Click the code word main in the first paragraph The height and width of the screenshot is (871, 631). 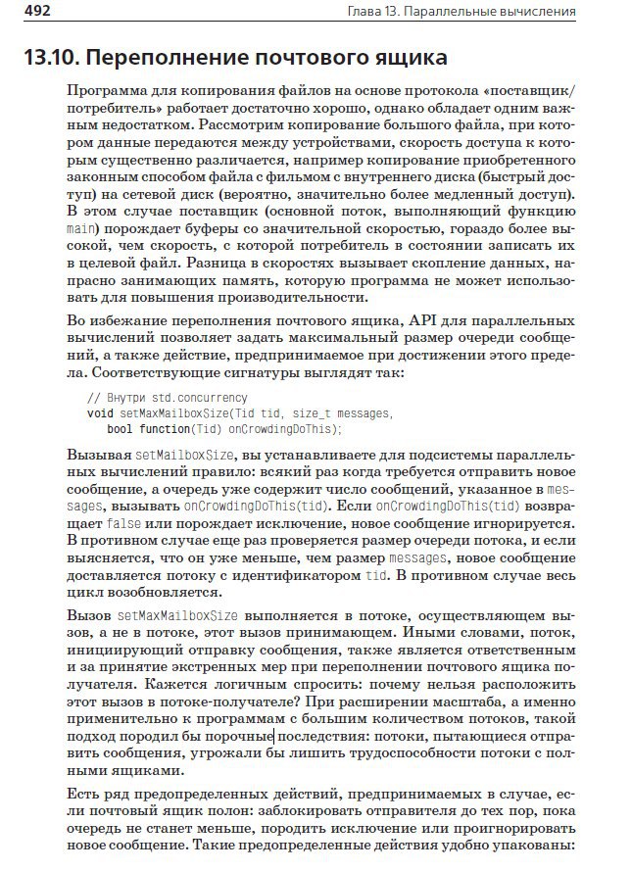click(x=80, y=229)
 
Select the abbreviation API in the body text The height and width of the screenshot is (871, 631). click(x=418, y=319)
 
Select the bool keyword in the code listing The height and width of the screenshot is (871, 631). click(x=120, y=429)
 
